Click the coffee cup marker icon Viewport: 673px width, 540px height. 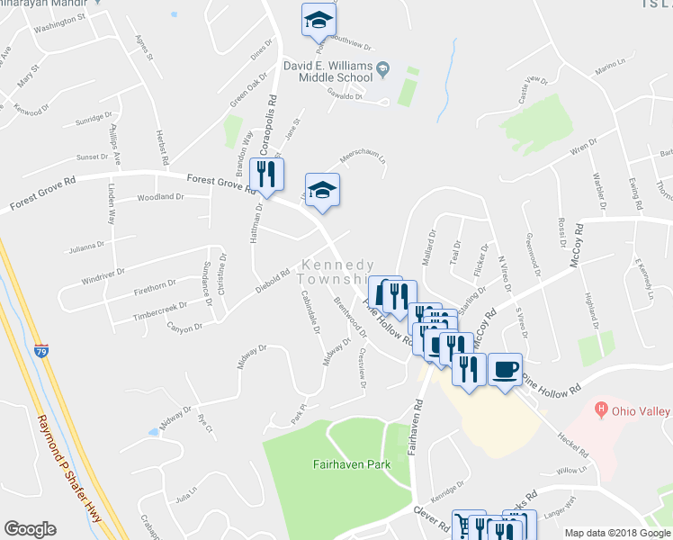point(505,368)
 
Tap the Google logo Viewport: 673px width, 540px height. point(31,529)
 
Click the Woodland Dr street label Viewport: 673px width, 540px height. point(160,197)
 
